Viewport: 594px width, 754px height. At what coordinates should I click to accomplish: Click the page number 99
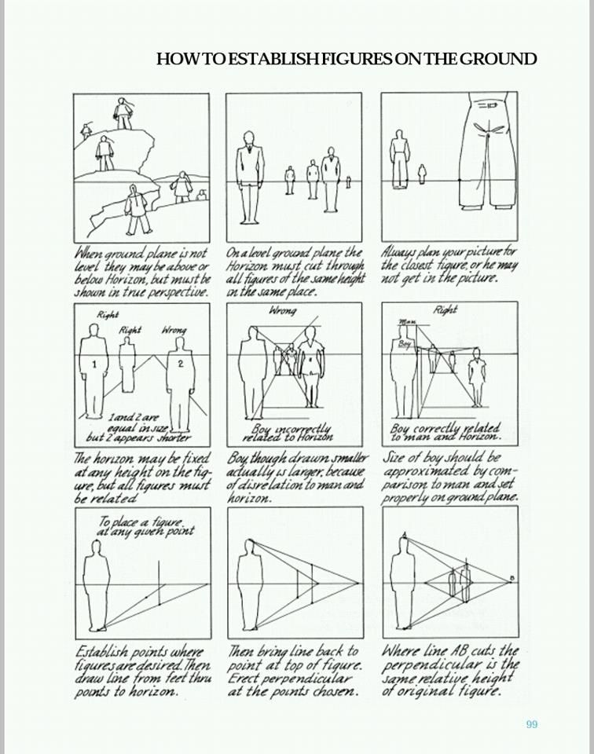532,724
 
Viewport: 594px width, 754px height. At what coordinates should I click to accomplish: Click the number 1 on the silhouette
93,365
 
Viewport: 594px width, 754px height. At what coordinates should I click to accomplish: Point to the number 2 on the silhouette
180,364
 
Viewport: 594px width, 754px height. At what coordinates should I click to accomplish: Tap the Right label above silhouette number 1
107,315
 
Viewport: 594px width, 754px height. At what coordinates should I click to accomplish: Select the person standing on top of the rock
123,114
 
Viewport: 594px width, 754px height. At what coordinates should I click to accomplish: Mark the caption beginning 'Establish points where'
141,672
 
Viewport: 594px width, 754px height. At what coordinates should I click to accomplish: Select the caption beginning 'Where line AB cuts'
449,672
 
